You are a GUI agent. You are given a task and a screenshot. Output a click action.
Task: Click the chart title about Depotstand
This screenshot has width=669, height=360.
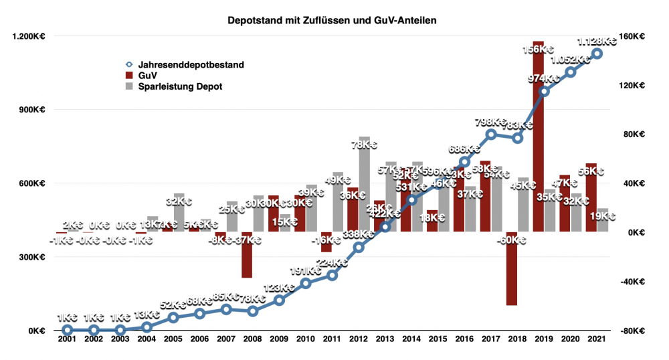[332, 21]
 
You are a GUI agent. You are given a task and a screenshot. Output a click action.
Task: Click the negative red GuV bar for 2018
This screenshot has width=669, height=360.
[512, 268]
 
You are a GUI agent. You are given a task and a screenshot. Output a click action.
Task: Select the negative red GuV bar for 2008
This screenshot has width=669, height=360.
[247, 255]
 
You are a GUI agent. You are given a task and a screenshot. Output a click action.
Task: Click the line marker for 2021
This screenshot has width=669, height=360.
[597, 54]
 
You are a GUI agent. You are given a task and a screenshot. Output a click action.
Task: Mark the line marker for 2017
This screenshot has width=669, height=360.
[491, 134]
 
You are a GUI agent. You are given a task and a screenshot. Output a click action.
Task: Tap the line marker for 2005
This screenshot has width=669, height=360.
[173, 317]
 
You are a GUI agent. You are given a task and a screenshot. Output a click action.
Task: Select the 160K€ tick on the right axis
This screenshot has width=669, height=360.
[633, 36]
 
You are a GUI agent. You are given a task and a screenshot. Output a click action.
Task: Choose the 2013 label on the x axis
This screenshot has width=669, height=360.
[385, 341]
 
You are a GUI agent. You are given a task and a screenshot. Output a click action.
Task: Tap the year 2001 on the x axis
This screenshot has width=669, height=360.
[67, 341]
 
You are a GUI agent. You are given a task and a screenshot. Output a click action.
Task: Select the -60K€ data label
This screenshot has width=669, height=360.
[512, 239]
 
